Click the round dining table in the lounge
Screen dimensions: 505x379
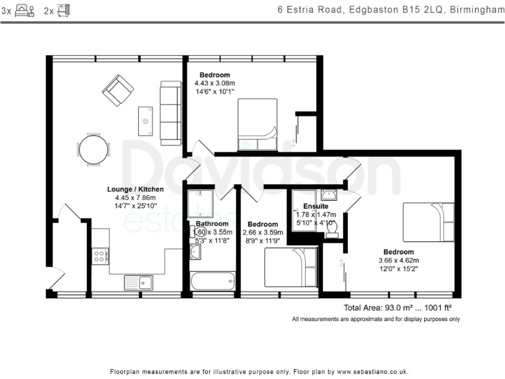coord(94,149)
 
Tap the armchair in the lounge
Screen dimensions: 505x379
coord(118,90)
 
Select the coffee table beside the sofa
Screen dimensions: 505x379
coord(145,121)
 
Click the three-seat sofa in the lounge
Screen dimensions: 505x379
coord(171,113)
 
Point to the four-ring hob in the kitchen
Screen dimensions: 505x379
coord(100,256)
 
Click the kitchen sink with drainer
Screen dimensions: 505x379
coord(139,283)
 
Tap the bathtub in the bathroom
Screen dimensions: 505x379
coord(212,282)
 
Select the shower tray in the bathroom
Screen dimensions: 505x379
coord(201,203)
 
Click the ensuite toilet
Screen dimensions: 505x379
coord(331,230)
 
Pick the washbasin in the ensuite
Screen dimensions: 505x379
coord(329,195)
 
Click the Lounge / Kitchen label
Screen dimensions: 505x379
coord(135,189)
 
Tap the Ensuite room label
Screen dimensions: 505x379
coord(316,206)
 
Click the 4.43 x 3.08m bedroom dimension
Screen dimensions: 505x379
coord(214,83)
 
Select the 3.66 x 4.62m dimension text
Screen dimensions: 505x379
coord(398,261)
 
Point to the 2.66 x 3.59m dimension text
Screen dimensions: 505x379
coord(263,232)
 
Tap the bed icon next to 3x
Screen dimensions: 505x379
coord(24,11)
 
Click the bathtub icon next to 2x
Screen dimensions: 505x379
coord(63,11)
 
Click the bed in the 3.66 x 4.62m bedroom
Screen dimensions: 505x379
coord(429,222)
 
